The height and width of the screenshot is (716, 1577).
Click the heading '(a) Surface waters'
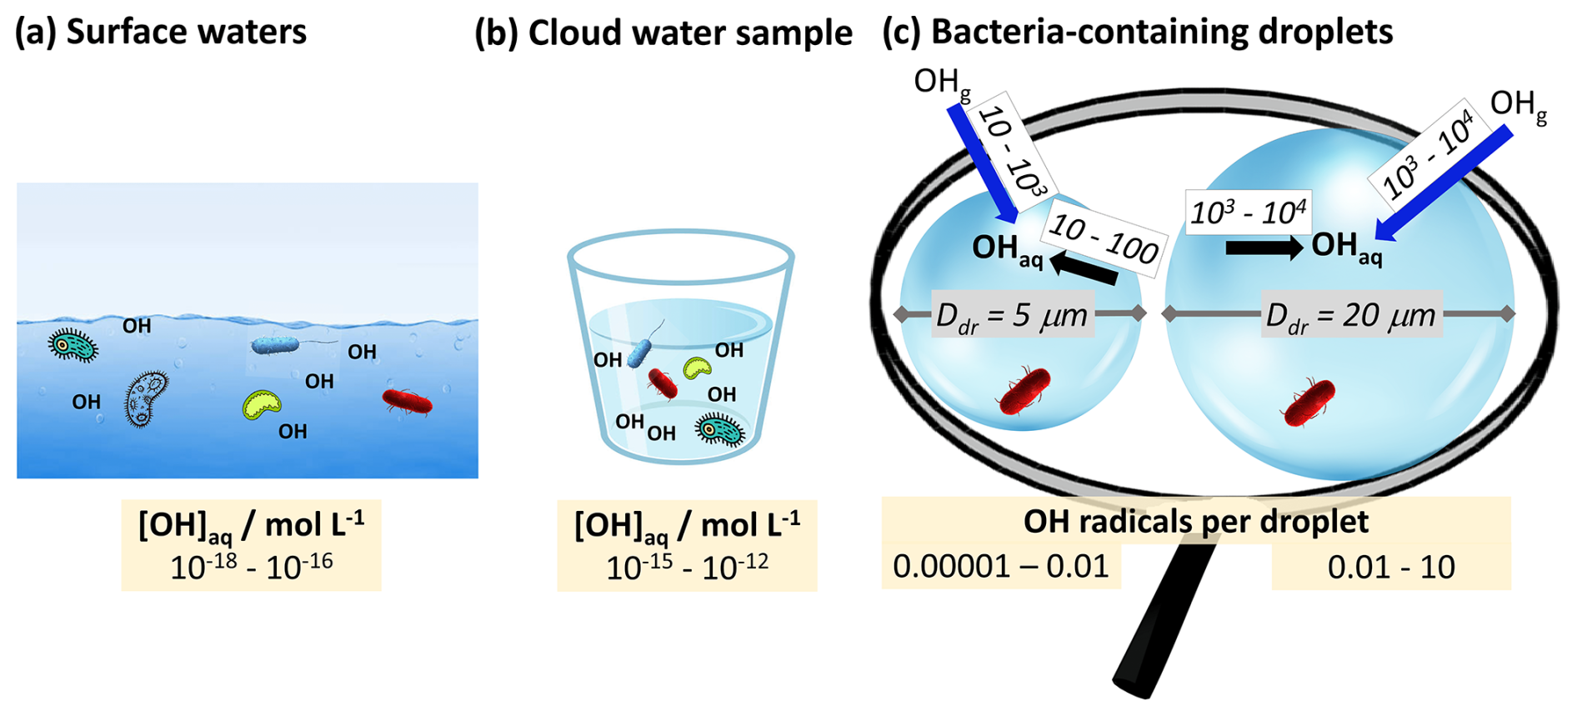(x=161, y=32)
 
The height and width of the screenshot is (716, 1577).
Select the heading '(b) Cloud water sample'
(x=663, y=33)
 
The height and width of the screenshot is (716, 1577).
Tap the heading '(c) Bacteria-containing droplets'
(x=1137, y=32)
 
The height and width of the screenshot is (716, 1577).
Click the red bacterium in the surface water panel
(x=407, y=402)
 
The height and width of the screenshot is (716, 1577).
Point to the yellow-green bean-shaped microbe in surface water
(x=262, y=404)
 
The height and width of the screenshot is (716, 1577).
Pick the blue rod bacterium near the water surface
(x=276, y=345)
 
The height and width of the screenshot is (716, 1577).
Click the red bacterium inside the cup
(x=663, y=383)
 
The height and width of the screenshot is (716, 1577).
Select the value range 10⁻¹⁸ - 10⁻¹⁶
(x=251, y=568)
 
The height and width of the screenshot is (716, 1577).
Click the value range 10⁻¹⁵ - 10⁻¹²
(x=687, y=568)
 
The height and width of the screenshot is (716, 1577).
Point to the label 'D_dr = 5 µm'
(x=1012, y=316)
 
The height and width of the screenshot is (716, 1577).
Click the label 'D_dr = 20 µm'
(x=1350, y=316)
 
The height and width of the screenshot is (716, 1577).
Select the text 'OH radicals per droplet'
(x=1195, y=521)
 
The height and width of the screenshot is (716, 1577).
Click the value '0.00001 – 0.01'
(x=1000, y=567)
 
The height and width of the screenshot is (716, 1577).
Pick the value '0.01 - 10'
(x=1390, y=568)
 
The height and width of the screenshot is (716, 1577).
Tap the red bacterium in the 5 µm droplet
(x=1024, y=391)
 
